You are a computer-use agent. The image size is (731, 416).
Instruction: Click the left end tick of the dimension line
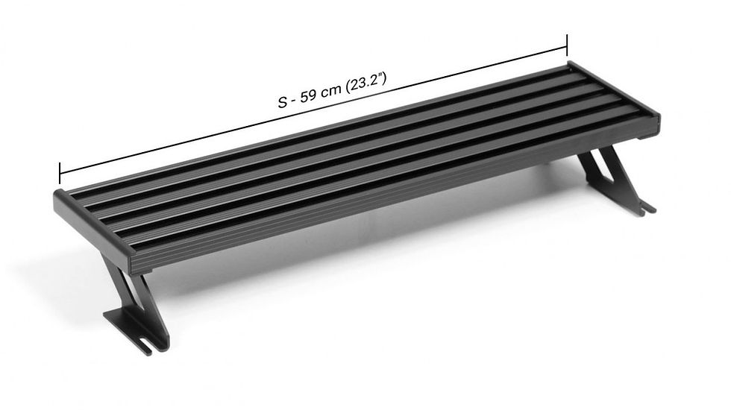coord(60,173)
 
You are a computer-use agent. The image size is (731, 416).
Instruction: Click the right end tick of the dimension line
coord(567,46)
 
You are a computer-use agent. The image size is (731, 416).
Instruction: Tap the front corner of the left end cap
coord(133,265)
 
